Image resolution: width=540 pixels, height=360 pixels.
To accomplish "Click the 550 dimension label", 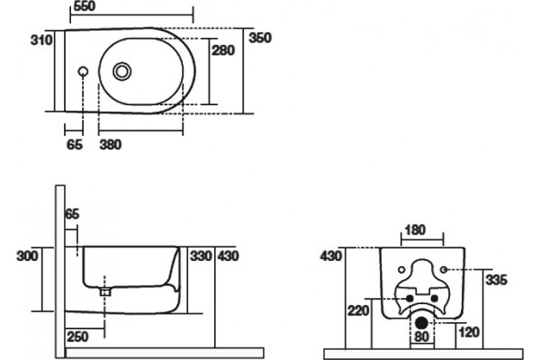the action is [x=85, y=6].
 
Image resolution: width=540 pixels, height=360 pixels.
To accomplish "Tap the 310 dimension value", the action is [x=41, y=40].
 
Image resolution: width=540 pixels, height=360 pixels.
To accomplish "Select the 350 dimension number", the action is [x=260, y=38].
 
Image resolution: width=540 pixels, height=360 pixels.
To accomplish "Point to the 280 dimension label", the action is [x=223, y=50].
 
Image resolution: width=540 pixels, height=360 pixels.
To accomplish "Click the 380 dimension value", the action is [x=111, y=144].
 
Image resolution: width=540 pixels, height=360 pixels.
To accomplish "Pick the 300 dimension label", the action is [x=28, y=256].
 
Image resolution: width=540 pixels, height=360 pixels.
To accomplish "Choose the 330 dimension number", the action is [x=201, y=256].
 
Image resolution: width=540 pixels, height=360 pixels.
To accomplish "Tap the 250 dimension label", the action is [x=77, y=337].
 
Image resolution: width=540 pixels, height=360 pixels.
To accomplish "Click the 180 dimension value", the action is [x=415, y=229].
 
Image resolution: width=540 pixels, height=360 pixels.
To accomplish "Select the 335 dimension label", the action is [x=496, y=280].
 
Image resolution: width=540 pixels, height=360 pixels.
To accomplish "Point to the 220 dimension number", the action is [x=358, y=310].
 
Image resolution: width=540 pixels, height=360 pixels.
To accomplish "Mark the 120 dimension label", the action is [x=469, y=332].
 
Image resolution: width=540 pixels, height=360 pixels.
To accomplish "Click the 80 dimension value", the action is [x=421, y=337].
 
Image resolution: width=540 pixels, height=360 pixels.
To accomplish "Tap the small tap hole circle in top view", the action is [x=83, y=71].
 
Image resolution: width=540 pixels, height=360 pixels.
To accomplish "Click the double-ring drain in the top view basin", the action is [x=121, y=71].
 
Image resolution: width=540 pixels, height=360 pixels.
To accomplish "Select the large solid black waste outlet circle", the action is [x=421, y=323].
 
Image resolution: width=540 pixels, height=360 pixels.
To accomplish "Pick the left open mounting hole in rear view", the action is [x=401, y=270].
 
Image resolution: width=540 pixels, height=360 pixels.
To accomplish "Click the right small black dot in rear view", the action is [x=435, y=298].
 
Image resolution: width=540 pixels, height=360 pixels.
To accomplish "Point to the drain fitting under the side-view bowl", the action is [x=105, y=292].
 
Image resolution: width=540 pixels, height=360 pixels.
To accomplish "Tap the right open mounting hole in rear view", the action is [x=444, y=270].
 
